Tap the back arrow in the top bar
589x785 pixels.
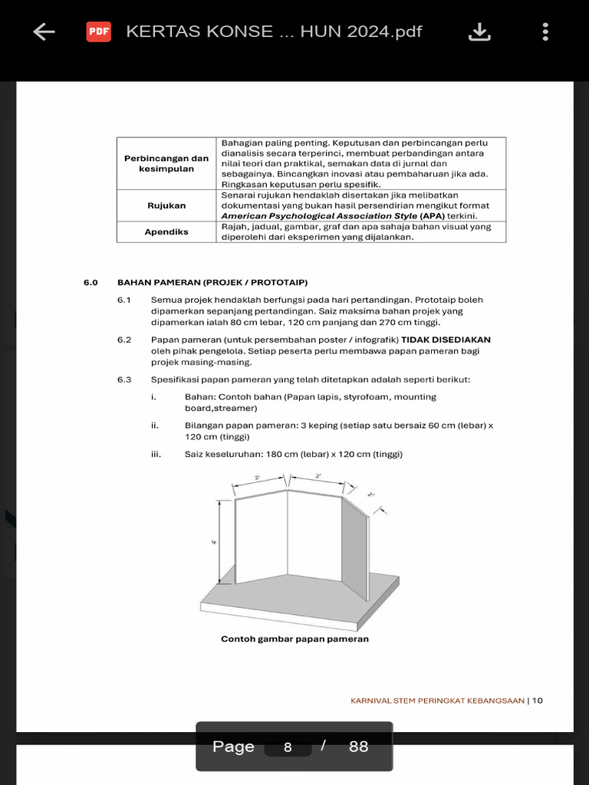coord(44,31)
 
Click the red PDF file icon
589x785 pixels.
coord(98,31)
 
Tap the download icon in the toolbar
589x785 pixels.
coord(479,31)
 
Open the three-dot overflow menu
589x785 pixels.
coord(545,31)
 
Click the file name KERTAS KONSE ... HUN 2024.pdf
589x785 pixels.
coord(274,31)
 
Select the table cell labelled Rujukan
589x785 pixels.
coord(166,205)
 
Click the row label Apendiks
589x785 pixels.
coord(166,232)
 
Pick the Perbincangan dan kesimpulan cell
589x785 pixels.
coord(166,163)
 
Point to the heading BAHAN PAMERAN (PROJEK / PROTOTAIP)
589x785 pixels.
coord(212,282)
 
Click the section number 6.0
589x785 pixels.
coord(91,282)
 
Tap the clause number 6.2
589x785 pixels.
coord(124,340)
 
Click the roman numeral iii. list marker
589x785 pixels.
coord(156,454)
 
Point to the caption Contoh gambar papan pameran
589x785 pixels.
coord(294,639)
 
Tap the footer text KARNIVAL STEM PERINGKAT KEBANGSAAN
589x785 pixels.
coord(437,700)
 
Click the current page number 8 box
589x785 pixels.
coord(288,747)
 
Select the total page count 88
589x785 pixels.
coord(358,747)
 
